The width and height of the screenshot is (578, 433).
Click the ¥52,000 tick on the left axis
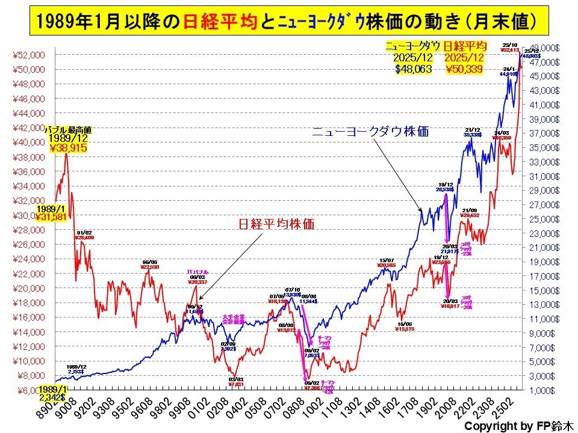[28, 55]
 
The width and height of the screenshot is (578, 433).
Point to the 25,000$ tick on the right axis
[545, 219]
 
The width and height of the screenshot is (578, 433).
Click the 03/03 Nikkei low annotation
[236, 382]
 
